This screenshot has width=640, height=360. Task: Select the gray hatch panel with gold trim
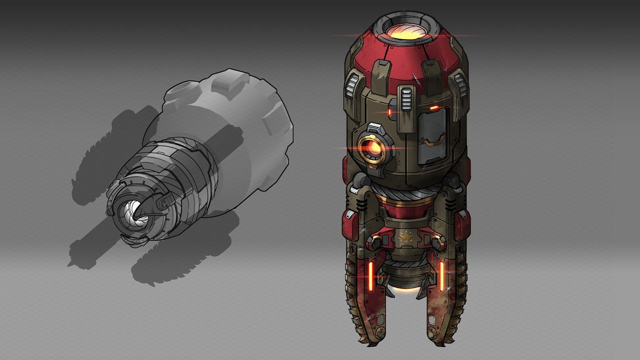pos(431,135)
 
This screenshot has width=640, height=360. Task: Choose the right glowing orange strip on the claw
pos(441,274)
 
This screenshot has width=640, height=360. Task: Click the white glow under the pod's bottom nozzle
pos(405,289)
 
